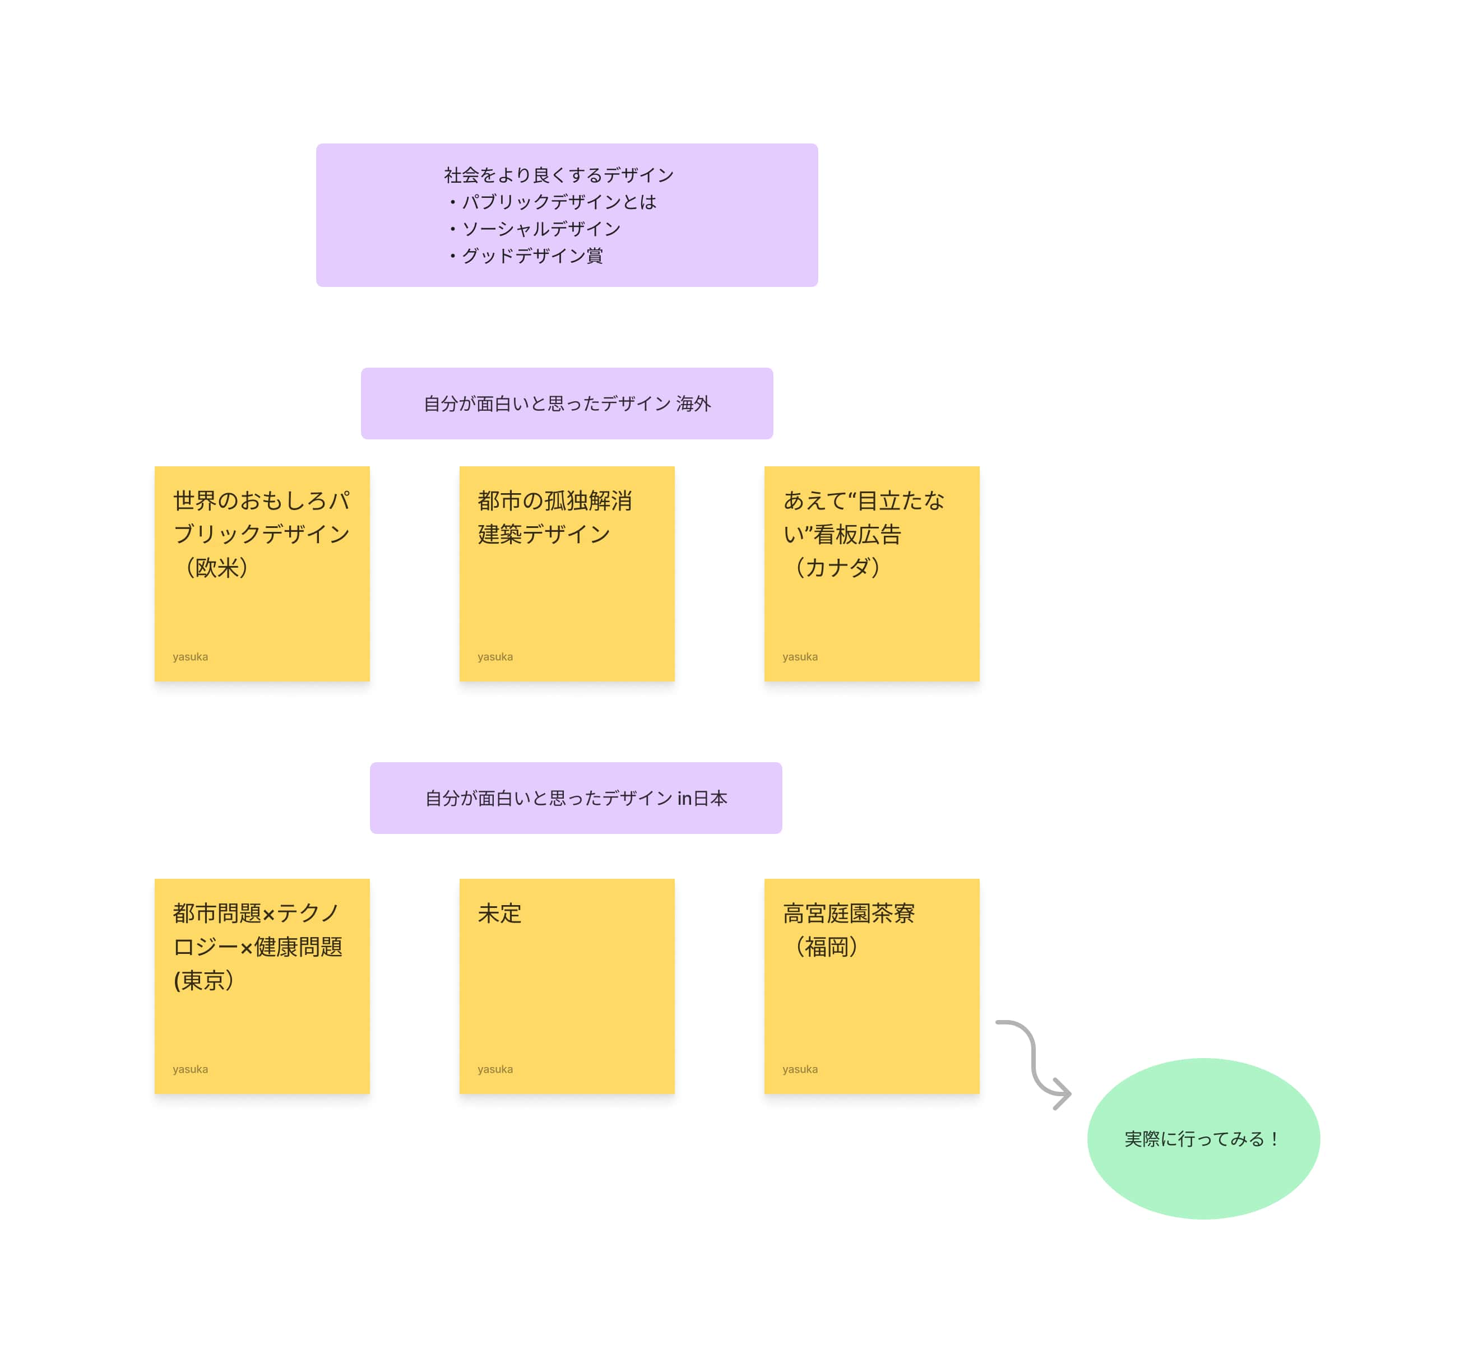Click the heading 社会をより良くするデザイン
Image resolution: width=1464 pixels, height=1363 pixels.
(559, 174)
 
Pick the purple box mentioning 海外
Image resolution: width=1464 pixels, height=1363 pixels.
(567, 404)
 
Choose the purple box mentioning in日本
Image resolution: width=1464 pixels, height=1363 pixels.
(576, 798)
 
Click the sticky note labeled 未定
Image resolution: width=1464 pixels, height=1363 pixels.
(567, 987)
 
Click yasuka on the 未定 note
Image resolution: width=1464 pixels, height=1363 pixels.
(495, 1069)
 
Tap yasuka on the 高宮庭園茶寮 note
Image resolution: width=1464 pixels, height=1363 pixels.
(800, 1069)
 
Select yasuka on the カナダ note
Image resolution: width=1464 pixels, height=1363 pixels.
(800, 657)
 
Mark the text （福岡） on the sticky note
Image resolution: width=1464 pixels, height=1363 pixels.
(826, 947)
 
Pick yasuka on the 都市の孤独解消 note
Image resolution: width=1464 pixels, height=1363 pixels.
(495, 657)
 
